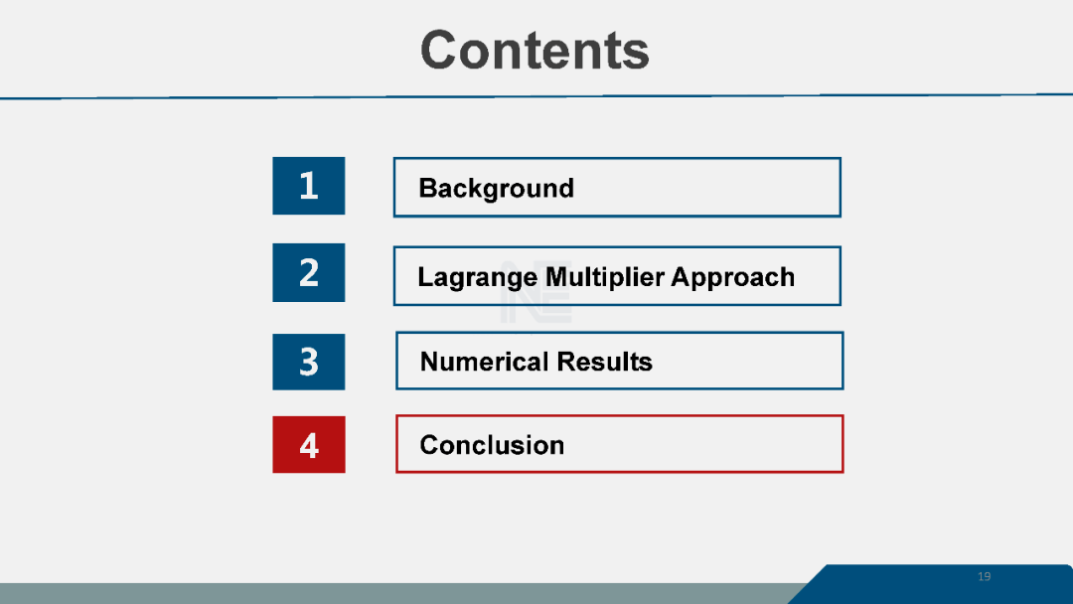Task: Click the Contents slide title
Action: pyautogui.click(x=535, y=50)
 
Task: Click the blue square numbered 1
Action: pyautogui.click(x=309, y=186)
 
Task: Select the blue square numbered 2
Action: pyautogui.click(x=309, y=272)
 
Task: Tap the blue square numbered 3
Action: pyautogui.click(x=309, y=362)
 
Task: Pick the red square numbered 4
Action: pyautogui.click(x=309, y=445)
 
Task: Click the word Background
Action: pyautogui.click(x=496, y=189)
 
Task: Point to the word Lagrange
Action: pyautogui.click(x=478, y=278)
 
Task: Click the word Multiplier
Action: pyautogui.click(x=605, y=278)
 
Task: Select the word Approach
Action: pyautogui.click(x=733, y=278)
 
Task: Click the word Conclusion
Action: pyautogui.click(x=492, y=445)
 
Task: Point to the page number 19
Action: pyautogui.click(x=984, y=576)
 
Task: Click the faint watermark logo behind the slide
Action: pyautogui.click(x=536, y=291)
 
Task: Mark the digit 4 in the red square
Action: pyautogui.click(x=309, y=446)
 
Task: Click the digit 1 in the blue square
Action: pyautogui.click(x=309, y=186)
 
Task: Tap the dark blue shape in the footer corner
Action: pyautogui.click(x=931, y=584)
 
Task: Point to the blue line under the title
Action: pyautogui.click(x=536, y=96)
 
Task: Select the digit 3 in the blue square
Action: pyautogui.click(x=309, y=362)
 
